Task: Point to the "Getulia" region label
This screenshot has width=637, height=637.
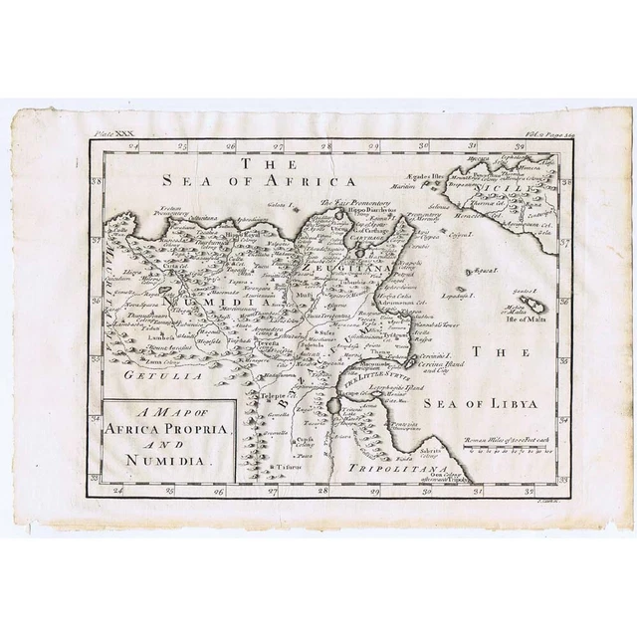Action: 141,375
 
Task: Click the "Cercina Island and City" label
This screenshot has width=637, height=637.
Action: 438,363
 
